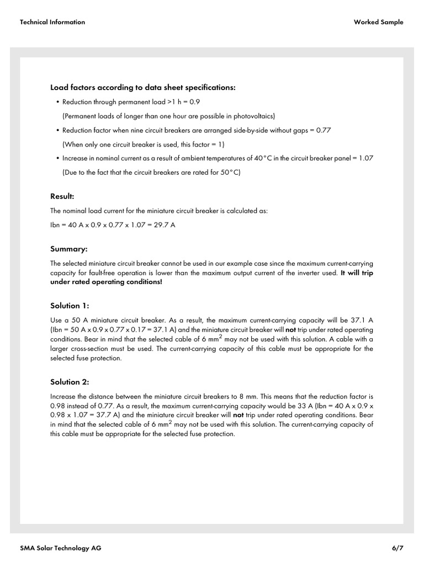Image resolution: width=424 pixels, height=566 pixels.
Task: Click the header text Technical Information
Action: pos(52,22)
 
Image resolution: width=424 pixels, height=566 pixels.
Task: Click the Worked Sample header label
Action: pos(378,22)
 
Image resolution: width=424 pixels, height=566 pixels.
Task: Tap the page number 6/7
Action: pos(397,548)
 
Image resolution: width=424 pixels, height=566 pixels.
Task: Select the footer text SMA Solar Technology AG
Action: pos(61,548)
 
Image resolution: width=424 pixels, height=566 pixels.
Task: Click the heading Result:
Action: pos(62,196)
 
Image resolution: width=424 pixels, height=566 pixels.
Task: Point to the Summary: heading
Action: pos(69,249)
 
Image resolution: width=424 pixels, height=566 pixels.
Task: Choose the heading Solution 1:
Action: pos(70,306)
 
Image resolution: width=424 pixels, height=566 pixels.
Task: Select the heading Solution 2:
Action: pos(70,382)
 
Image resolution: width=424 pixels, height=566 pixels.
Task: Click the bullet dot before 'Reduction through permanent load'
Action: pos(57,102)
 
